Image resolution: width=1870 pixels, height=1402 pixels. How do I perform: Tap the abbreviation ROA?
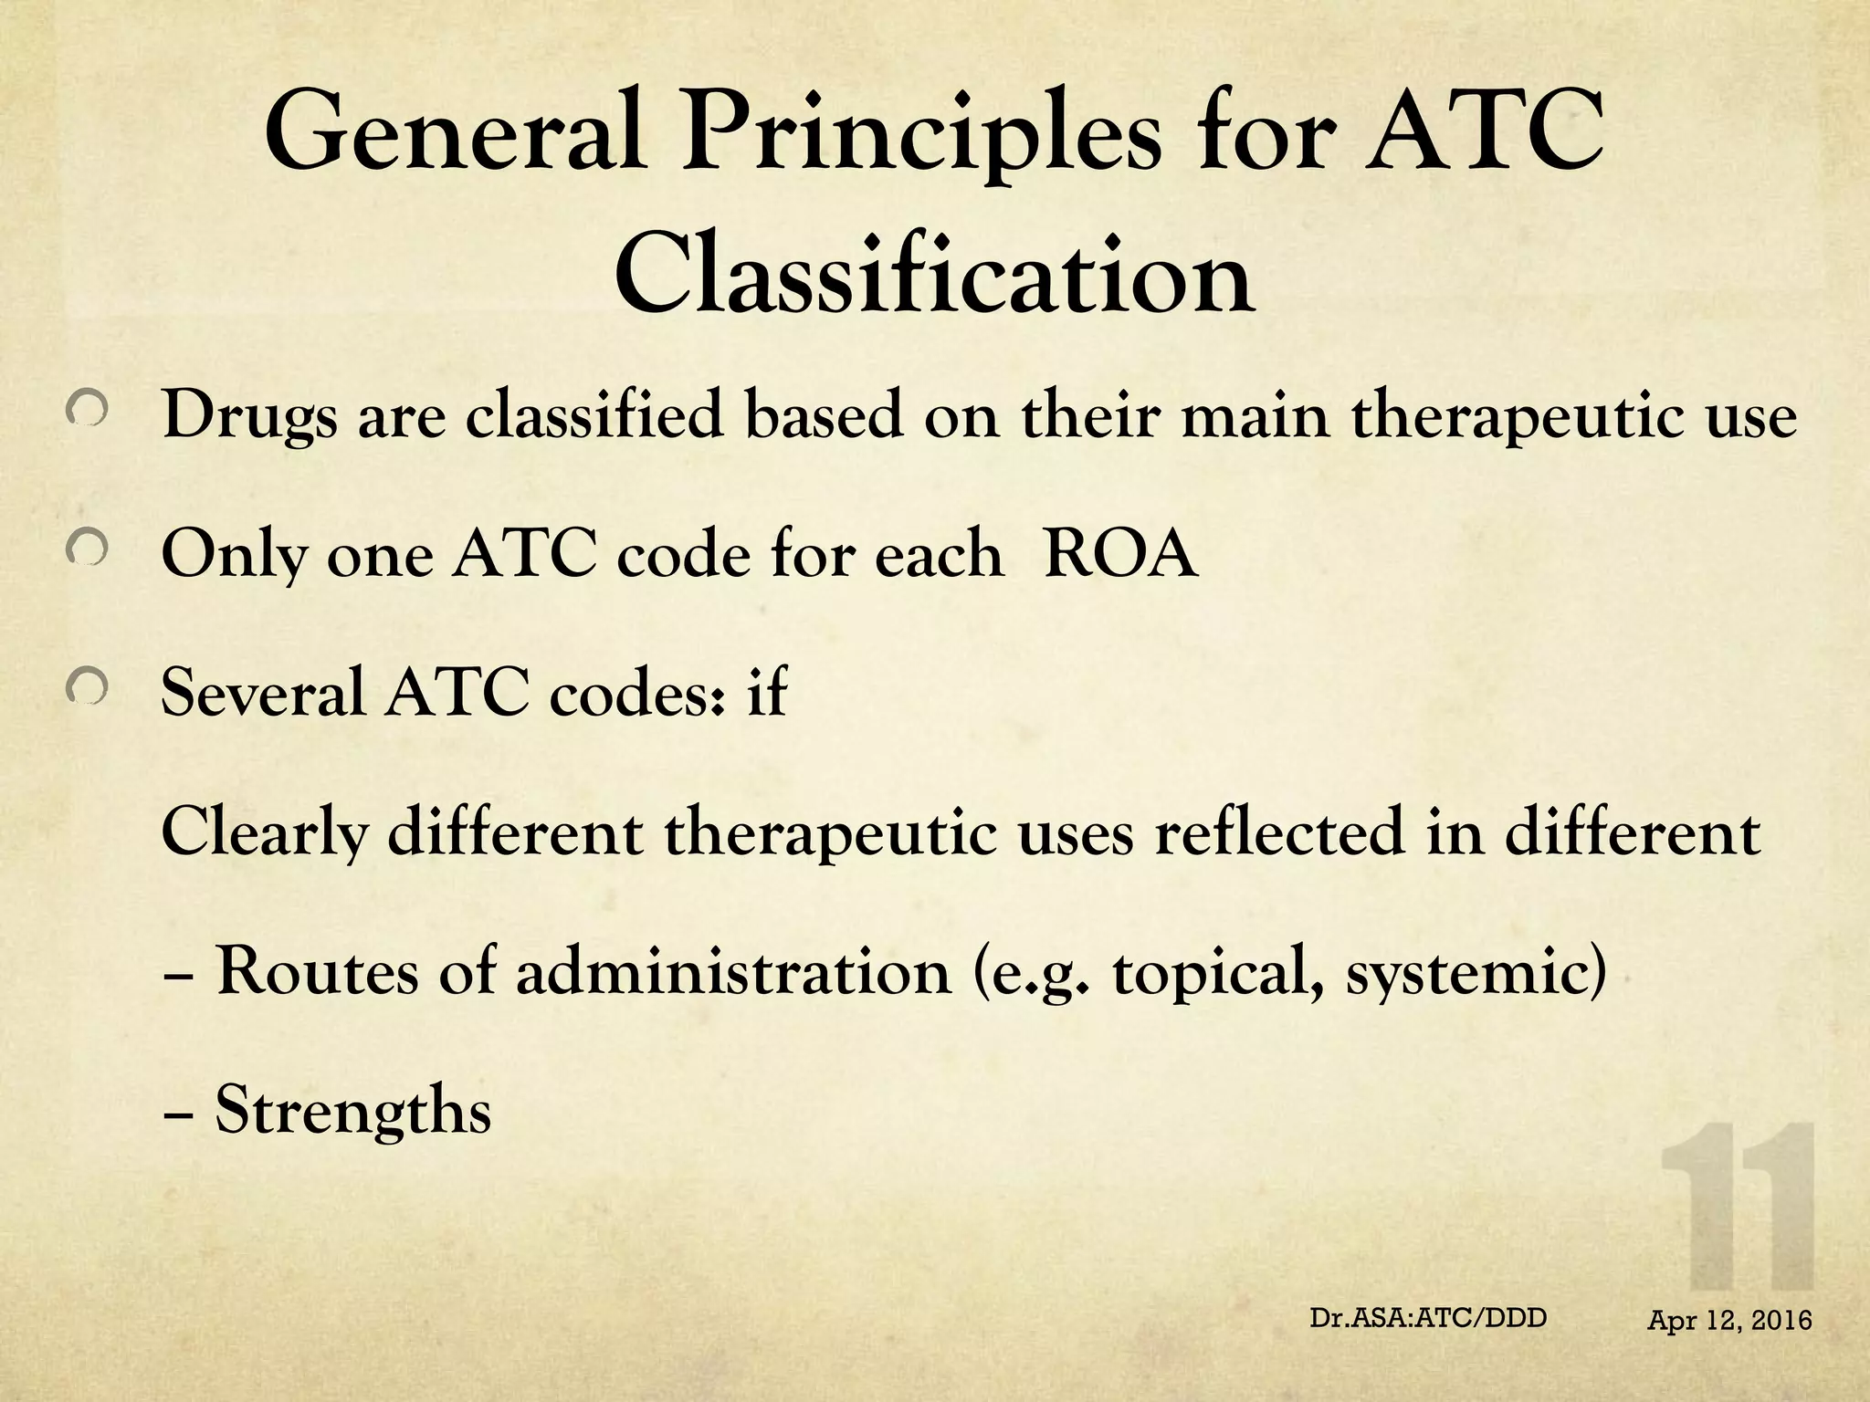click(1119, 553)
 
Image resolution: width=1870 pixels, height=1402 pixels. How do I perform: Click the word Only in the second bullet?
click(233, 555)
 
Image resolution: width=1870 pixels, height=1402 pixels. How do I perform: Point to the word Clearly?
click(265, 833)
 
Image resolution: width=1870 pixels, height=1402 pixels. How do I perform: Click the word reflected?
click(1277, 832)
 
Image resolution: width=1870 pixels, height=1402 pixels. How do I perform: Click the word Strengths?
click(352, 1112)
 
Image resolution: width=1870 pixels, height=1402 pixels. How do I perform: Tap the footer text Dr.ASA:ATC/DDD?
click(1428, 1318)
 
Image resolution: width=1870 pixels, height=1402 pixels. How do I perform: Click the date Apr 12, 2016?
click(1729, 1320)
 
